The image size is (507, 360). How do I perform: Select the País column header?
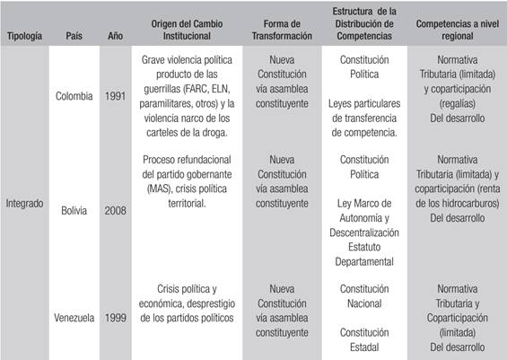[x=74, y=39]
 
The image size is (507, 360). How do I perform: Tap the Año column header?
[x=117, y=39]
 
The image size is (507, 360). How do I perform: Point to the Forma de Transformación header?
[x=281, y=31]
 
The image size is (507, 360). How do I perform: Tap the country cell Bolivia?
[x=74, y=211]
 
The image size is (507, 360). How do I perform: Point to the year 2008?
[x=117, y=211]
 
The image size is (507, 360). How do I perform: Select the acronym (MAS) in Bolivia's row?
[x=156, y=189]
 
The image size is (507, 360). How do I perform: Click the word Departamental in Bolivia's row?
[x=364, y=261]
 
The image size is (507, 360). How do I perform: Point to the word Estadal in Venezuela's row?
[x=364, y=347]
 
